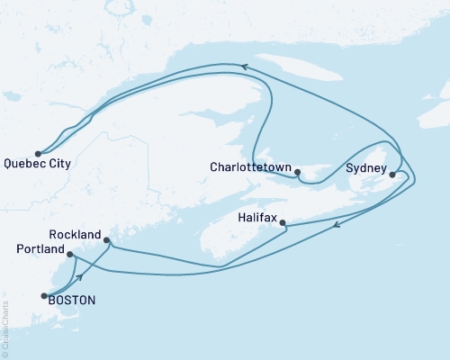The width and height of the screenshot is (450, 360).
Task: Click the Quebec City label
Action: coord(38,165)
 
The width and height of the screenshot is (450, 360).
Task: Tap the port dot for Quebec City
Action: coord(38,153)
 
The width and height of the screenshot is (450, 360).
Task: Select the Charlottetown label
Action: coord(251,167)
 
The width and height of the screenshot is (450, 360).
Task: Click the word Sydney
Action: coord(366,167)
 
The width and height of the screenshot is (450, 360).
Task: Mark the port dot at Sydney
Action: coord(392,162)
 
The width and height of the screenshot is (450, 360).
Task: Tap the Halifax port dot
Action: coord(283,223)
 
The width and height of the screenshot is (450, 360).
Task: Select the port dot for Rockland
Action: coord(107,240)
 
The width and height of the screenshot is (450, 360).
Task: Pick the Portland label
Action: coord(40,248)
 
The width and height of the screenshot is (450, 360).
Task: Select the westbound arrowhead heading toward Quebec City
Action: coord(244,65)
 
